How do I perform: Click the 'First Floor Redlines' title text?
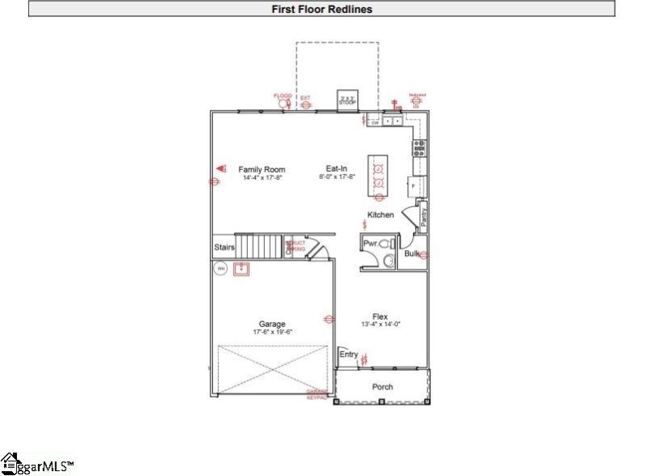point(322,9)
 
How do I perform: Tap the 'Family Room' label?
point(262,170)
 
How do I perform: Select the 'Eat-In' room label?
point(337,170)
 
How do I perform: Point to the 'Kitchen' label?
point(381,215)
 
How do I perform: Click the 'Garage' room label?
point(272,325)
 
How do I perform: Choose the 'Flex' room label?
point(380,317)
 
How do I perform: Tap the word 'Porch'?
point(382,387)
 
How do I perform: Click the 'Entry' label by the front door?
point(348,355)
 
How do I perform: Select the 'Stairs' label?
point(224,247)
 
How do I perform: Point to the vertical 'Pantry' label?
point(424,219)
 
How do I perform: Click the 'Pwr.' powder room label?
point(370,243)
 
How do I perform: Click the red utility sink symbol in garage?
point(241,270)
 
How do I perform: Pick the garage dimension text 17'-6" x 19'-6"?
point(272,332)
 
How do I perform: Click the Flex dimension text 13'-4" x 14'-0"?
point(380,325)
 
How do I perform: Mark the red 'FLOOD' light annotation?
point(283,96)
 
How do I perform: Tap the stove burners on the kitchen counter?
point(420,147)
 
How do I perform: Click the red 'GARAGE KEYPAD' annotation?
point(318,396)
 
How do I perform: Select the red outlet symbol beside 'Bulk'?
point(424,255)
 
